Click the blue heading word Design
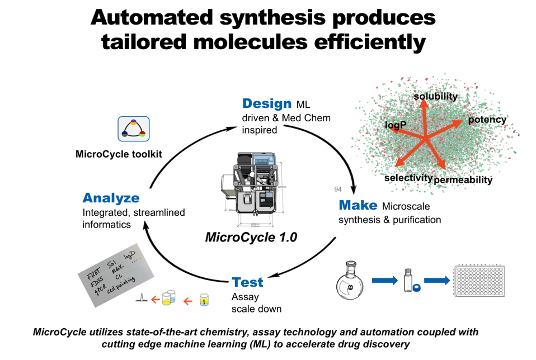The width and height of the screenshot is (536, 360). coord(267,103)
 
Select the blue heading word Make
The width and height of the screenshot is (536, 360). coord(358,205)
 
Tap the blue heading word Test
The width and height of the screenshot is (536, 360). coord(247,282)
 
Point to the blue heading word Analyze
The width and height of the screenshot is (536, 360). coord(111,198)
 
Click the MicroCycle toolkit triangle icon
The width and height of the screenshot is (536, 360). coord(133,129)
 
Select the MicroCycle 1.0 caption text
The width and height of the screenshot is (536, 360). coord(251,237)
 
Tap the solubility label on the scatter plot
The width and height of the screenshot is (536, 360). coord(435,97)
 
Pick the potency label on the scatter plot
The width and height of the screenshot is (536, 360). coord(487,120)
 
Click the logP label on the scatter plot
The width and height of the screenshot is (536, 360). coord(396,125)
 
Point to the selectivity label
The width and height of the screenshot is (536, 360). coord(408,178)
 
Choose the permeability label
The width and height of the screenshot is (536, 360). coord(463,180)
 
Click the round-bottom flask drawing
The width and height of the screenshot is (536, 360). coord(353,283)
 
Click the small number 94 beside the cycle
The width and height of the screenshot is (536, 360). coord(337,190)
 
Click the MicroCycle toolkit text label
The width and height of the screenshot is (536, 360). coord(119,154)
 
